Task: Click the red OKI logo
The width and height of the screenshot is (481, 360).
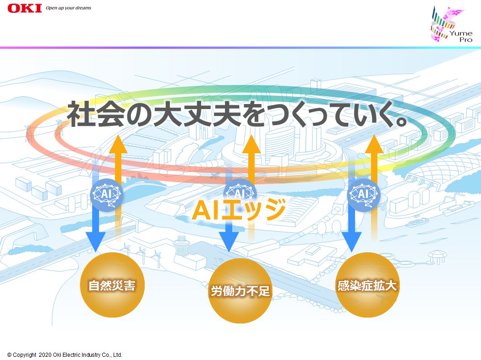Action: (x=25, y=8)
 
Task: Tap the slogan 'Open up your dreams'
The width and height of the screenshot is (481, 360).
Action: (x=68, y=8)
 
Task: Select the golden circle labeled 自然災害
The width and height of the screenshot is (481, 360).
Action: (x=112, y=285)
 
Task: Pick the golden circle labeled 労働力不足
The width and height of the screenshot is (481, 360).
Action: (x=240, y=291)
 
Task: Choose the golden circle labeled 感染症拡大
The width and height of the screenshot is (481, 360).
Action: (x=367, y=285)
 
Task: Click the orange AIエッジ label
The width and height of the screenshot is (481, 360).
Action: (x=239, y=210)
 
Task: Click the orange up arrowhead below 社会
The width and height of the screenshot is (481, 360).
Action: (x=117, y=144)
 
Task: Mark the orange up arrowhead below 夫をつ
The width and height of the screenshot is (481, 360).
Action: (x=251, y=144)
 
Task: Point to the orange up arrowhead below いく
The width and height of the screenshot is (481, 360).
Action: (x=374, y=144)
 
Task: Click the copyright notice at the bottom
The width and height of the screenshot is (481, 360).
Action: (x=65, y=355)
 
